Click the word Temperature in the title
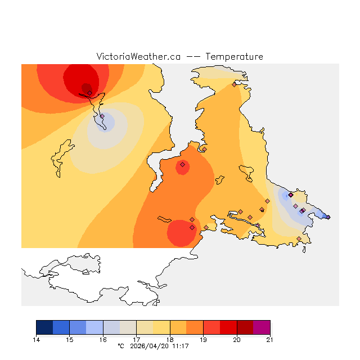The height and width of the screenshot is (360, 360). [x=234, y=57]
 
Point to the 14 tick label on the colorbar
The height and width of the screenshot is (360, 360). [x=37, y=340]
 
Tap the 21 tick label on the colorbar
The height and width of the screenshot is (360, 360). [x=270, y=340]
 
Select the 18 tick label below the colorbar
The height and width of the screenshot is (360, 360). [x=170, y=340]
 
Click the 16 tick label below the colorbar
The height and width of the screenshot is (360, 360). [x=103, y=340]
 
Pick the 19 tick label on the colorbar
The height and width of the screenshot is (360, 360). [x=203, y=340]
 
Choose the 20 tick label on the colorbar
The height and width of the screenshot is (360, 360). [x=237, y=340]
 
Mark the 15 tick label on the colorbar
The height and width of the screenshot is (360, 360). [x=70, y=340]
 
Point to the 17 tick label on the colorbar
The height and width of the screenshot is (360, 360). [x=137, y=340]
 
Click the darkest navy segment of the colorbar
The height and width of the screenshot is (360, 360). [x=44, y=327]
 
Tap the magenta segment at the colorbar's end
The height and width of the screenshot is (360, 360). [x=262, y=327]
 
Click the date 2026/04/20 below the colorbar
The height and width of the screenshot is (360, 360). [x=150, y=346]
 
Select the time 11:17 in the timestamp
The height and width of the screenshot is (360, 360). [x=180, y=346]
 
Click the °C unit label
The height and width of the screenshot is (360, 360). [x=120, y=346]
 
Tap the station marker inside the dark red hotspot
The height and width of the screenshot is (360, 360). [x=89, y=93]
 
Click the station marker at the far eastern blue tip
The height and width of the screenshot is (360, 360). [x=328, y=217]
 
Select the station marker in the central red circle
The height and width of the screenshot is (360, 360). [x=182, y=165]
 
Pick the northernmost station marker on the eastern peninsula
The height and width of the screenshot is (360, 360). [x=234, y=85]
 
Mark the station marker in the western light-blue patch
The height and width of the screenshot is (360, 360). [x=102, y=116]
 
